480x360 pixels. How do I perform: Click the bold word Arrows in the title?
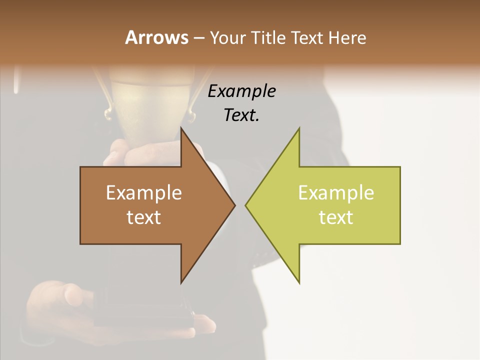click(156, 37)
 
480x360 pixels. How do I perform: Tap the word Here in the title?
click(347, 37)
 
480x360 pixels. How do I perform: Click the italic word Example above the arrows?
click(241, 91)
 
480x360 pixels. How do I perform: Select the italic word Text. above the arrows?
click(241, 115)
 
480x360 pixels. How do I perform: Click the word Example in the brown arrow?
click(144, 193)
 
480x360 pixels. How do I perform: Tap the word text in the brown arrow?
click(144, 217)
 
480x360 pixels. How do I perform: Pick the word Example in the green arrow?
click(336, 193)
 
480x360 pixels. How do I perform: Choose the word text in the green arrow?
click(336, 217)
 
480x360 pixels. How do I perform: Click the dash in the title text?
click(198, 38)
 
